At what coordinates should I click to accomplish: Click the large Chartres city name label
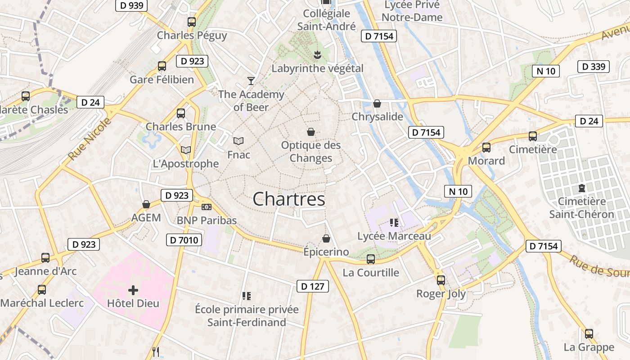(289, 199)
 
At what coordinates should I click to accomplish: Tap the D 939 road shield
(131, 5)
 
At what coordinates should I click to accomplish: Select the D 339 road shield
(594, 67)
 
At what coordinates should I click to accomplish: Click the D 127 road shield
(313, 286)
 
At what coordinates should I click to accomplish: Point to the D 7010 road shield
(184, 240)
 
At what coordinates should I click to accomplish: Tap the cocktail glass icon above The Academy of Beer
(251, 81)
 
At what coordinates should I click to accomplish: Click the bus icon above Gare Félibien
(162, 66)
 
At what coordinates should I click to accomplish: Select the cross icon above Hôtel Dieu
(133, 290)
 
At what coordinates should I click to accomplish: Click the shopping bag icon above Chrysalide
(377, 103)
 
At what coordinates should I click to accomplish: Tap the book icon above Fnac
(238, 141)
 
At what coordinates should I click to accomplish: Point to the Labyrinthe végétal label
(317, 68)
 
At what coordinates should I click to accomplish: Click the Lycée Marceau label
(394, 236)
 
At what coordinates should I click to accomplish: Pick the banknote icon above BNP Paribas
(207, 207)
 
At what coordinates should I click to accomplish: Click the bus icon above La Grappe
(589, 334)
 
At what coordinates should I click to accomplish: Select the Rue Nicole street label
(90, 139)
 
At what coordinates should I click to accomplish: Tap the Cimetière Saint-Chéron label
(581, 207)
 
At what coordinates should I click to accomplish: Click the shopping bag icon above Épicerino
(326, 238)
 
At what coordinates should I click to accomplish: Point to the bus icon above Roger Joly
(441, 280)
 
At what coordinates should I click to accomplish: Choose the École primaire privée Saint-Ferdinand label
(247, 315)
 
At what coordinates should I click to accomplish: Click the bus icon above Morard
(486, 148)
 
